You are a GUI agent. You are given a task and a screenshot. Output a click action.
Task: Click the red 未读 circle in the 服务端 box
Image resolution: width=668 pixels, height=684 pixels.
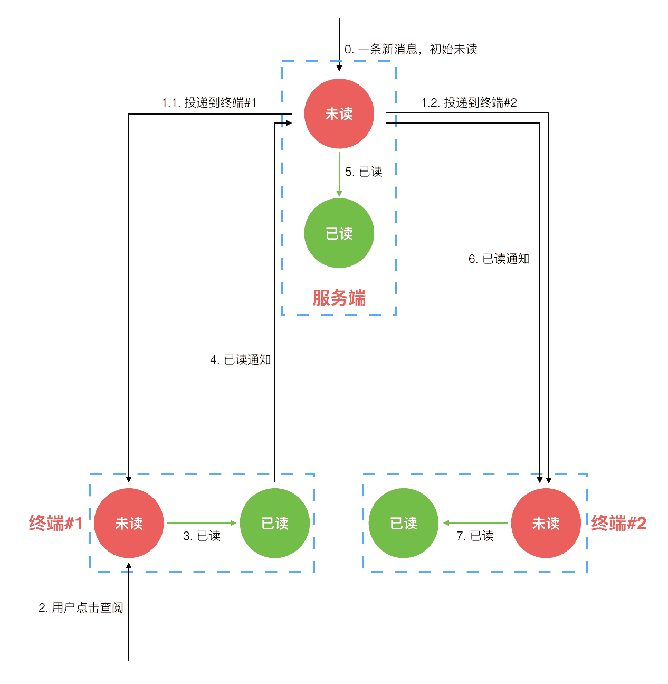click(x=339, y=113)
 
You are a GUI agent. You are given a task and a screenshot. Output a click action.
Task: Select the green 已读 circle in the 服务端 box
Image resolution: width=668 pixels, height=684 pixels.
click(x=339, y=233)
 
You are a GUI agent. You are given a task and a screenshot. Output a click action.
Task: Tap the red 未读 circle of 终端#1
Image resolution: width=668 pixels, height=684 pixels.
click(x=129, y=523)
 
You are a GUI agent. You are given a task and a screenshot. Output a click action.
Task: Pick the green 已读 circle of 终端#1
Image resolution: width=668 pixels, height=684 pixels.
click(x=274, y=523)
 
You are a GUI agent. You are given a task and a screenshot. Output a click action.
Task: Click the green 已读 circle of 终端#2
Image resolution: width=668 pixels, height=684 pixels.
click(x=403, y=523)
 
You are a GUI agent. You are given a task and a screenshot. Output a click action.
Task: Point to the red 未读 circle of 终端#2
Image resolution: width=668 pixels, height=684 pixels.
click(x=546, y=523)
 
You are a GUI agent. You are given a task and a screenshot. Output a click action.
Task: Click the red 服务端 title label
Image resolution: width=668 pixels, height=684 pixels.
click(x=339, y=298)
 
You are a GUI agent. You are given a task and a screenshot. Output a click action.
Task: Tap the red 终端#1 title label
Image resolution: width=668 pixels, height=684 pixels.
click(x=56, y=523)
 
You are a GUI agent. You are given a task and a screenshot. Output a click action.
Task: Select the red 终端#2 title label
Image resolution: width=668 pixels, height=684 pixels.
click(x=618, y=523)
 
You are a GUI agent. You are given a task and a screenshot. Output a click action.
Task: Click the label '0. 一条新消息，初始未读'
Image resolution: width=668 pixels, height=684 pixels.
click(x=411, y=49)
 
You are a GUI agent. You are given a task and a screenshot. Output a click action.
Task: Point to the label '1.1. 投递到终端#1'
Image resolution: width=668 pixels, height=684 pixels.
click(x=209, y=102)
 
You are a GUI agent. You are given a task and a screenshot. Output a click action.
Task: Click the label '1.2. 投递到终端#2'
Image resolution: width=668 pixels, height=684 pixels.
click(x=469, y=102)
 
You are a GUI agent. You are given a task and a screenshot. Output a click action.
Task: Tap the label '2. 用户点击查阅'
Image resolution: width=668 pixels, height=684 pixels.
click(x=81, y=607)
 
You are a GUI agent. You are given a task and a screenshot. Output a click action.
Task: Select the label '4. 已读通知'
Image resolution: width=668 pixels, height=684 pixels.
click(x=240, y=359)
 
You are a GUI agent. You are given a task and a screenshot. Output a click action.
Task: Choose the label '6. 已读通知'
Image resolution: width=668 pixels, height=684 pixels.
click(x=499, y=259)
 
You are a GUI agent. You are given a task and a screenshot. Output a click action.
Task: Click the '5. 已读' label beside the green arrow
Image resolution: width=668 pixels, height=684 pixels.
click(x=364, y=172)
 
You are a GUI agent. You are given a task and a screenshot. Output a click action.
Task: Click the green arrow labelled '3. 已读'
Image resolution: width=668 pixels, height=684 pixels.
click(x=202, y=523)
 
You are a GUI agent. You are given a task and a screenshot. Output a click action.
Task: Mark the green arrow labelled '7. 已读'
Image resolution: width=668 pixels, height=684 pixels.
click(x=475, y=523)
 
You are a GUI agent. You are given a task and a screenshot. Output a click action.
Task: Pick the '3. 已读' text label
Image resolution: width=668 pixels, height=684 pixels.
click(x=202, y=536)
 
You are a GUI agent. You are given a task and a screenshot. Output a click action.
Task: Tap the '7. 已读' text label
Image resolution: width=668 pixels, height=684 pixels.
click(x=475, y=536)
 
